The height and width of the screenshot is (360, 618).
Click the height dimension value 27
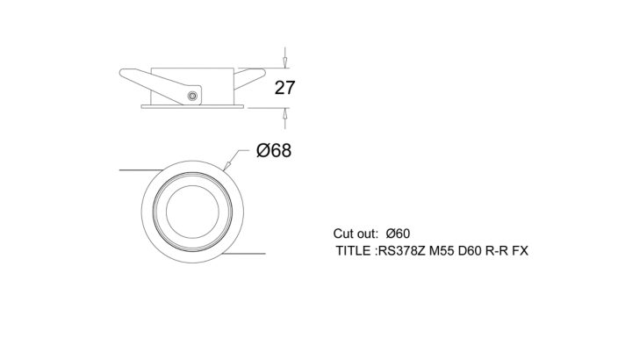284,88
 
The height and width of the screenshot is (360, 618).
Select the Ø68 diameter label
274,151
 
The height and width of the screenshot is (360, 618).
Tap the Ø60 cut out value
398,234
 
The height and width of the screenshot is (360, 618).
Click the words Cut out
356,234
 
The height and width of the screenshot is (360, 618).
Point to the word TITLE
353,250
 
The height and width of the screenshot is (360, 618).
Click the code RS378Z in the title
402,250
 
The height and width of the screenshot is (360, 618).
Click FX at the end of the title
521,250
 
